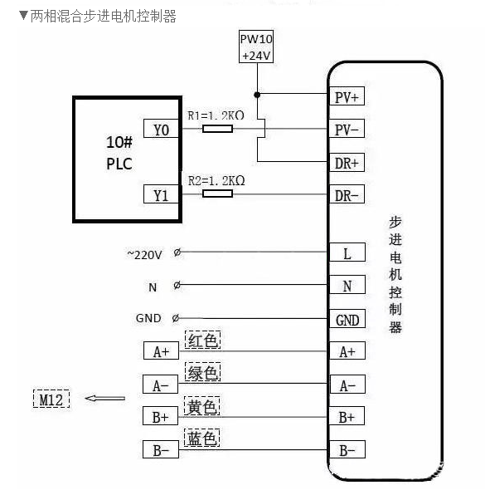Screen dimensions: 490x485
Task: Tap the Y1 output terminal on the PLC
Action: (x=161, y=194)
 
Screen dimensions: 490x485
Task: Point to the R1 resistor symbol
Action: (x=217, y=129)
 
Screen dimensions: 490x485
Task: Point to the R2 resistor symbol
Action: (x=217, y=194)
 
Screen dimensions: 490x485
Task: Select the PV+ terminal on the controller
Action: (x=347, y=97)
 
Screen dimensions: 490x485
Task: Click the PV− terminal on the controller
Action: (x=347, y=130)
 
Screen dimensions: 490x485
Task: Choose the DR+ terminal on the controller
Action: (x=347, y=162)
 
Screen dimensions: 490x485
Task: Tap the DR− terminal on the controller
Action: (x=347, y=195)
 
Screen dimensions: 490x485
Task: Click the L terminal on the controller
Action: (x=347, y=253)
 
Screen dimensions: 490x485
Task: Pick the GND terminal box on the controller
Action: (x=347, y=320)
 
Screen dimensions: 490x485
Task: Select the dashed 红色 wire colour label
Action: (x=203, y=341)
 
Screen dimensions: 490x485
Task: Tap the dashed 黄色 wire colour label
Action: (x=203, y=407)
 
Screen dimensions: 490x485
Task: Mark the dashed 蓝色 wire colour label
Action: (x=203, y=439)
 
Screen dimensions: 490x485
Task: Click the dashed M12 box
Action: (x=51, y=399)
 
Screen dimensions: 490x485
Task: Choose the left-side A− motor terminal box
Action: (x=161, y=385)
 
